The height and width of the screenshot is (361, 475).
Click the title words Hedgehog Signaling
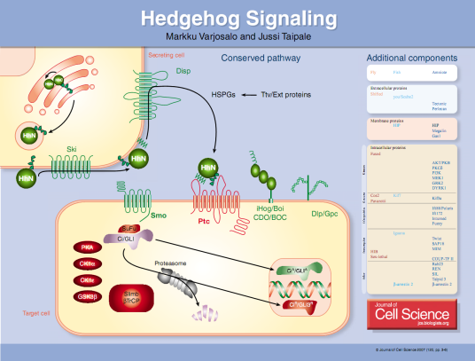point(237,17)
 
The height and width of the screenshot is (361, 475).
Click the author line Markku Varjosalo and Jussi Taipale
point(237,35)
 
